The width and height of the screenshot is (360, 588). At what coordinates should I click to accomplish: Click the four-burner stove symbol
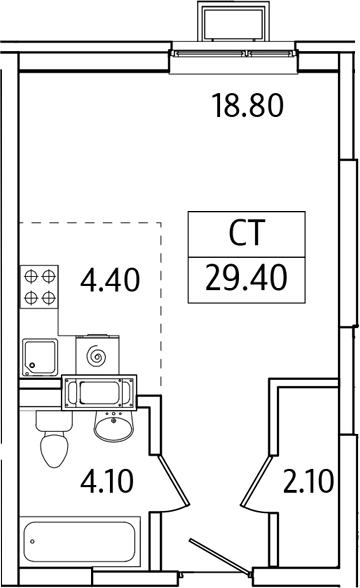click(39, 286)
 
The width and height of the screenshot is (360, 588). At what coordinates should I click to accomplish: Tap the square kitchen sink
click(40, 356)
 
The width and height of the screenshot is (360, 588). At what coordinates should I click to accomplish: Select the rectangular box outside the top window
click(234, 22)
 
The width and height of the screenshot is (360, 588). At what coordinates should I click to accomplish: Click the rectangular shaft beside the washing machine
click(98, 394)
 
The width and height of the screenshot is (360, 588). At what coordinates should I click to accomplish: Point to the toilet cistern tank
click(52, 419)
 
